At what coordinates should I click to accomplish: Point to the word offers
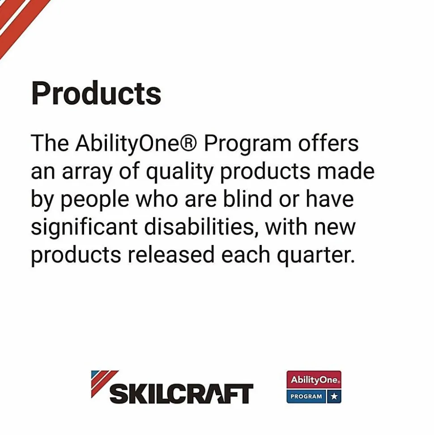pos(328,143)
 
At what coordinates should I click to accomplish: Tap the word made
pos(346,171)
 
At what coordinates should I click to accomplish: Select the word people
pos(95,200)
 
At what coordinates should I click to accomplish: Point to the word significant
pos(84,228)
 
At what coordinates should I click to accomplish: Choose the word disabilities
pos(201,227)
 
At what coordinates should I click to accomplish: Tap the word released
pos(171,254)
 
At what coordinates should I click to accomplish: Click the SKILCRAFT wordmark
pos(182,394)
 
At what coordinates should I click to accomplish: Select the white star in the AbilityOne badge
pos(334,396)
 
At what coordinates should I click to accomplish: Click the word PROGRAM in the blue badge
pos(306,396)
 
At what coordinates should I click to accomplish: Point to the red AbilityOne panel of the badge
pos(314,380)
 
